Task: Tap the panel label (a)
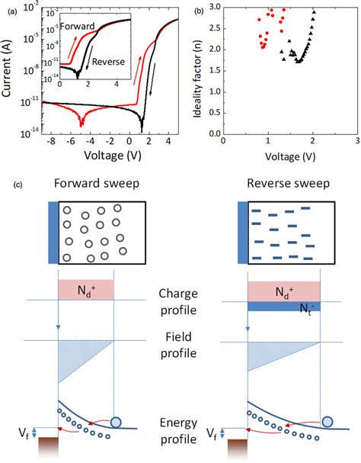(x=11, y=9)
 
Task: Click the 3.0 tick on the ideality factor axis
(x=214, y=6)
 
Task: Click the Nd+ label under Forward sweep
(x=85, y=290)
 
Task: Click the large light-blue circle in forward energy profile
(x=117, y=422)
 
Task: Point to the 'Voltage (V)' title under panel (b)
(x=289, y=158)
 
